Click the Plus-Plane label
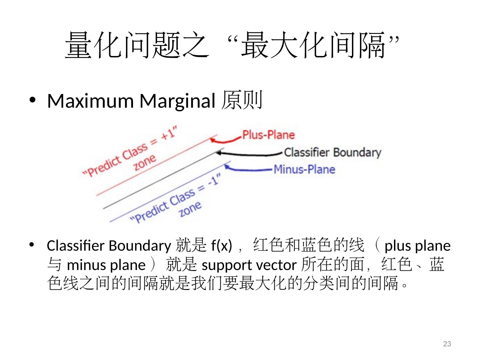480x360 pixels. pos(268,135)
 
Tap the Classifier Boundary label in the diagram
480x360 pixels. pos(332,152)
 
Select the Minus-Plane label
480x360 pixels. pos(304,169)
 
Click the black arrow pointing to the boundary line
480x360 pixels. pos(248,154)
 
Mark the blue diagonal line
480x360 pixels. pos(167,193)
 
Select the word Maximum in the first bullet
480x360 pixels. pos(90,101)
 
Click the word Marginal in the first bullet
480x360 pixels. pos(177,101)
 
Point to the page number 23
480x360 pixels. pos(447,344)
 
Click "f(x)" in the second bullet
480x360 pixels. pos(221,246)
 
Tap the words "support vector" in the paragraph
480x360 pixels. pos(249,265)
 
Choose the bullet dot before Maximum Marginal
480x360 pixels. pos(32,100)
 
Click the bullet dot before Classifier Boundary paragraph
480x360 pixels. pos(32,245)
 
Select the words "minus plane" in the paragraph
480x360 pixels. pos(106,265)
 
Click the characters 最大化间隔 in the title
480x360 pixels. pos(313,45)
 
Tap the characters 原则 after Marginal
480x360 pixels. pos(242,100)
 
